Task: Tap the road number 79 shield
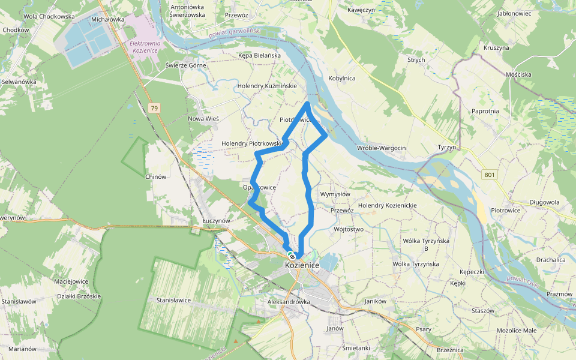(x=155, y=108)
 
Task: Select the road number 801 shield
(x=490, y=175)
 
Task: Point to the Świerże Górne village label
(x=186, y=65)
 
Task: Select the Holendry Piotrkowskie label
(x=252, y=143)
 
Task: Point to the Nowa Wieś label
(x=204, y=118)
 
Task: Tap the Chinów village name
(x=155, y=176)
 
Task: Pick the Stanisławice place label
(x=173, y=299)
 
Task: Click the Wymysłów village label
(x=335, y=194)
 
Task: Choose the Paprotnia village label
(x=485, y=111)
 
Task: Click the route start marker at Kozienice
(x=292, y=256)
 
